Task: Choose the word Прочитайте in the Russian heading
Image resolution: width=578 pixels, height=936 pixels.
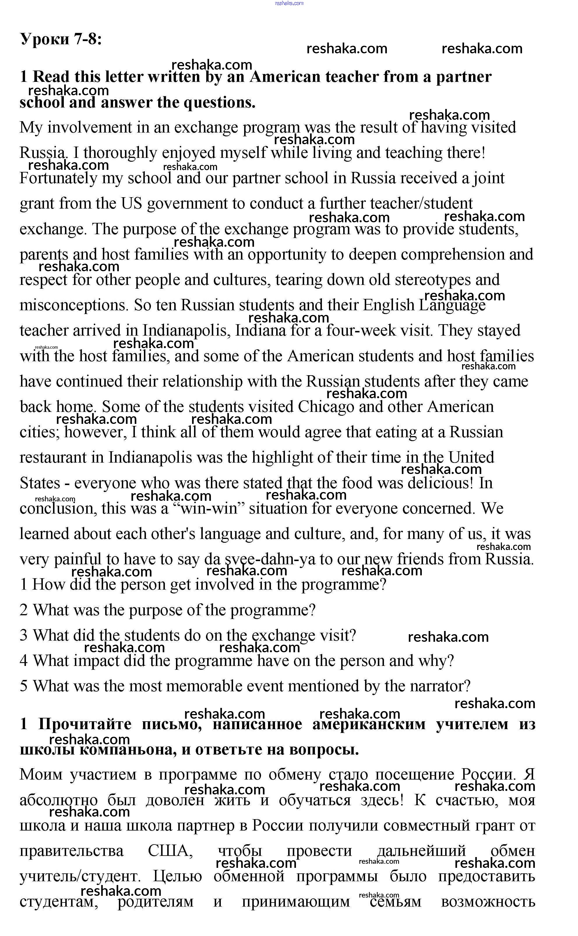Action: point(85,724)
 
